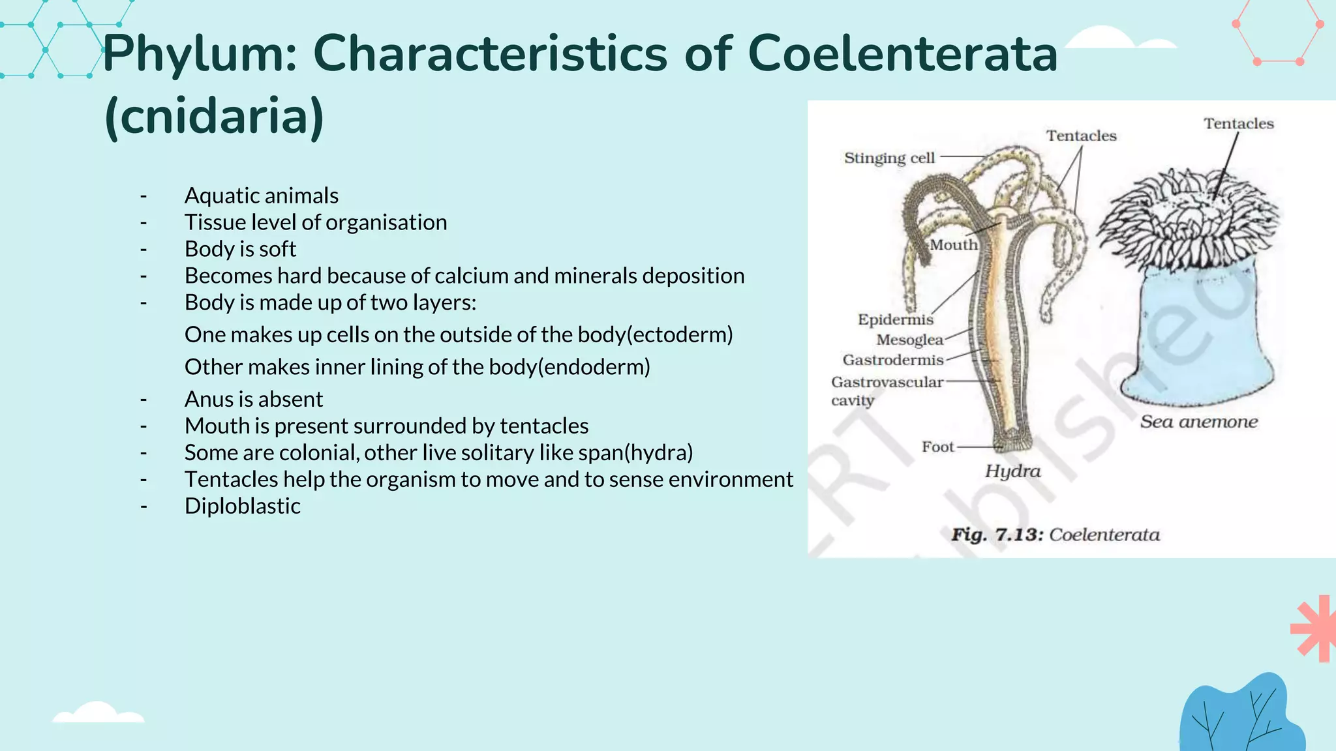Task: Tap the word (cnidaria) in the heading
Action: coord(214,116)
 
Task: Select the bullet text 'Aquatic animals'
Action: coord(261,196)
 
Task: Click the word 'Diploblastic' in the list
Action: coord(242,506)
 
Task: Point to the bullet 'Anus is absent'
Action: coord(253,399)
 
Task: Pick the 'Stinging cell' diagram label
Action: coord(889,158)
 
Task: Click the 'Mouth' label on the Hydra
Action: coord(953,245)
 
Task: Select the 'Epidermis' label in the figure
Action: coord(895,319)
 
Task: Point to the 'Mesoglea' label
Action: coord(909,340)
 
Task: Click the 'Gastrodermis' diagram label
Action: coord(892,360)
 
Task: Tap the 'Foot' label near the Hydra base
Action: coord(937,447)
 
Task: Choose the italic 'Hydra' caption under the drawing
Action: coord(1012,471)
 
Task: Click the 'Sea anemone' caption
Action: coord(1199,422)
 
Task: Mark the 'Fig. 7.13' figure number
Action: coord(997,535)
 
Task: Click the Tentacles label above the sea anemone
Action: coord(1238,124)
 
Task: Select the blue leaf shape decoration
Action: coord(1239,717)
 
